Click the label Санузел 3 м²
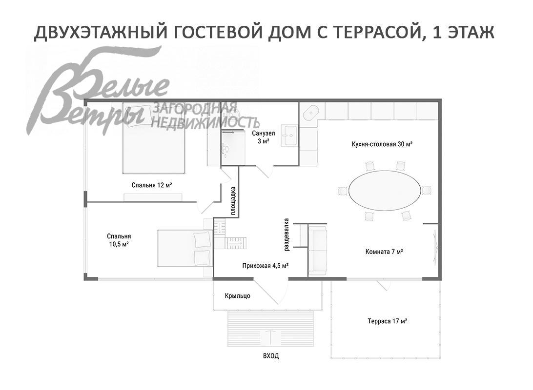(264, 137)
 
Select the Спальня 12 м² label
(152, 185)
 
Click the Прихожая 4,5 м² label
(265, 266)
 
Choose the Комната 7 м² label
(384, 252)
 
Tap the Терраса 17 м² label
(387, 321)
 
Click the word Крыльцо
(238, 296)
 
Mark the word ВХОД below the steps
(271, 356)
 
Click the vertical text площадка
(233, 201)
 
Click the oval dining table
(385, 191)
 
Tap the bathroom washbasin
(291, 135)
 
